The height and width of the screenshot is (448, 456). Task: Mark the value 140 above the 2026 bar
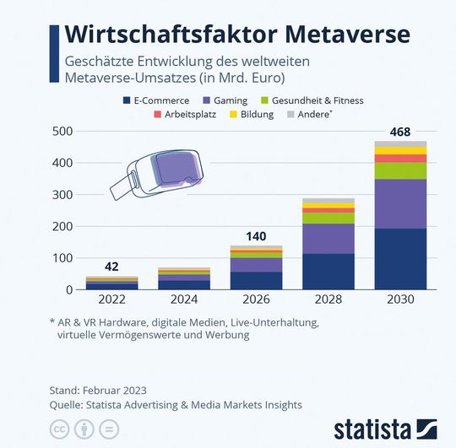point(257,235)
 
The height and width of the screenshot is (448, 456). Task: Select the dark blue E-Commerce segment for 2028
point(329,271)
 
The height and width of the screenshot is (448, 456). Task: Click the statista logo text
point(371,427)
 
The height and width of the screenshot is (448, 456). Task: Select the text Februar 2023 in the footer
point(114,390)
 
